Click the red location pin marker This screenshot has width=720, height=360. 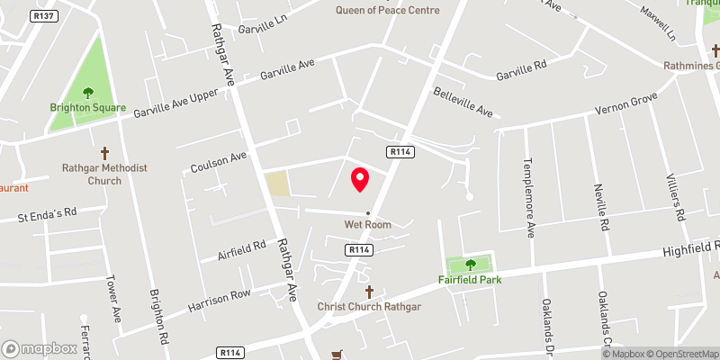coord(360,179)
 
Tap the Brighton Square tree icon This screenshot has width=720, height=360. coord(88,93)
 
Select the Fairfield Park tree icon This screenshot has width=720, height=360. coord(470,265)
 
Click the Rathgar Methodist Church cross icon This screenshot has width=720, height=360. coord(104,153)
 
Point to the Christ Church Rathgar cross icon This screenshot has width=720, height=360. coord(369,292)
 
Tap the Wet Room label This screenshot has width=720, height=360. coord(367,224)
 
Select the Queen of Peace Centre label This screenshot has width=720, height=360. coord(388,11)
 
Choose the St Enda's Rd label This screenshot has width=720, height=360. coord(49,216)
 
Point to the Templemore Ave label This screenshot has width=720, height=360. coord(528,199)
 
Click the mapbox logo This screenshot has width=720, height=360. coord(39,348)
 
